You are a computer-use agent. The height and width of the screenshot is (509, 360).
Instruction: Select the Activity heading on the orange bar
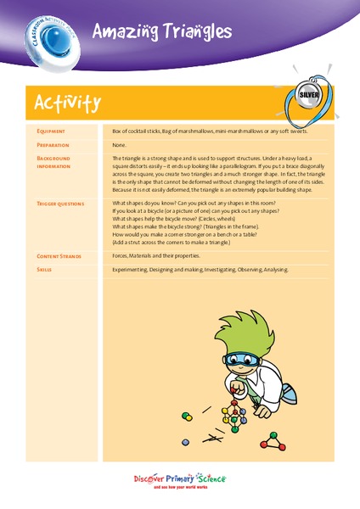[x=68, y=103]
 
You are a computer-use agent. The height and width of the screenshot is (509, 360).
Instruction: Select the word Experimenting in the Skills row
[x=134, y=269]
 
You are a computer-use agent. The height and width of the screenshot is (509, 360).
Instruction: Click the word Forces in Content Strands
[x=122, y=255]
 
